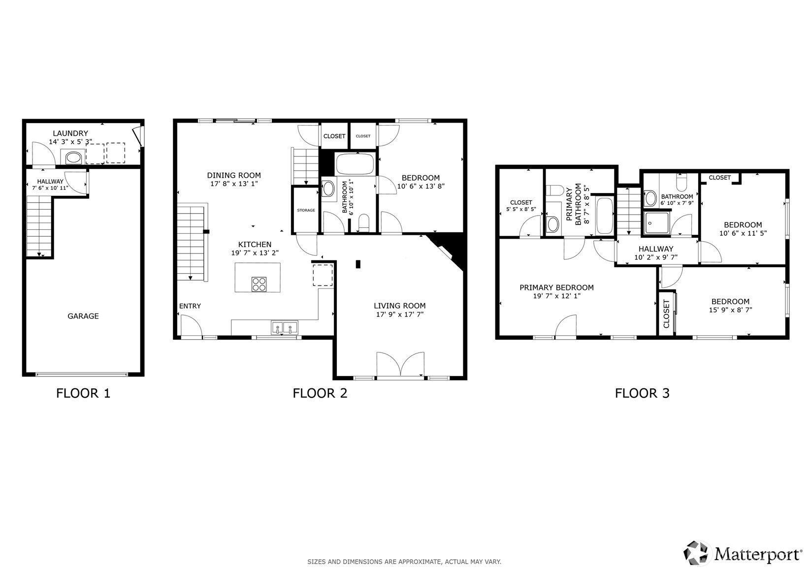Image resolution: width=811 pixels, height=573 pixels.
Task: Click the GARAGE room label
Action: (x=83, y=316)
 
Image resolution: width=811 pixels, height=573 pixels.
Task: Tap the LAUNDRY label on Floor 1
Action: (x=70, y=133)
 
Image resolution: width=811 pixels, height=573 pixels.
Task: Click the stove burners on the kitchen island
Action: (x=259, y=284)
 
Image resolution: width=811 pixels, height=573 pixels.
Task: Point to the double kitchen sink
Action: (x=284, y=327)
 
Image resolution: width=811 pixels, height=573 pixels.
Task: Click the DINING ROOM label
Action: (x=234, y=175)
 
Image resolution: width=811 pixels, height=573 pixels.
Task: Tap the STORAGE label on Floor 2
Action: (x=306, y=210)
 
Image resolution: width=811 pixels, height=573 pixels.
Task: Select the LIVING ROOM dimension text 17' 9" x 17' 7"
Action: (x=400, y=315)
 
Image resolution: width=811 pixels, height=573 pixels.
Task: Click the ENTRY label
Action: (x=190, y=306)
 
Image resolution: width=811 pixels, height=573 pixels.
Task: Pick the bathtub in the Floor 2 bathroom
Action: (x=355, y=164)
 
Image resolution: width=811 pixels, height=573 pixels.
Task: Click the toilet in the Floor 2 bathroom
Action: (x=363, y=223)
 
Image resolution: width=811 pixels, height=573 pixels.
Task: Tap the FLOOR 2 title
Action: (x=320, y=393)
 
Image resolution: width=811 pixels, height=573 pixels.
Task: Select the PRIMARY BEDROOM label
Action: (x=556, y=287)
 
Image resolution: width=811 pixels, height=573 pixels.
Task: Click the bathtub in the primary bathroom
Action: (x=604, y=216)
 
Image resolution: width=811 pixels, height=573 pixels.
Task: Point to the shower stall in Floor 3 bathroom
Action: (x=657, y=224)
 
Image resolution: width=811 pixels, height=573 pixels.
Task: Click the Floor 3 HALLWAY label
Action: (x=656, y=249)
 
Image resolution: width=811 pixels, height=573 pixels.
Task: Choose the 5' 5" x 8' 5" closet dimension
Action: (x=521, y=209)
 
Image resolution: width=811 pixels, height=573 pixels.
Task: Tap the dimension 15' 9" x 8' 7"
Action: (x=730, y=310)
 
